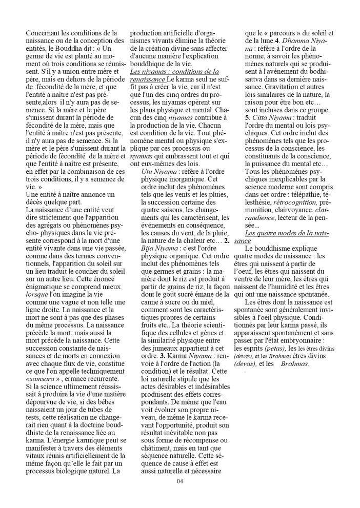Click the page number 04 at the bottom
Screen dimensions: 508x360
coord(179,480)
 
